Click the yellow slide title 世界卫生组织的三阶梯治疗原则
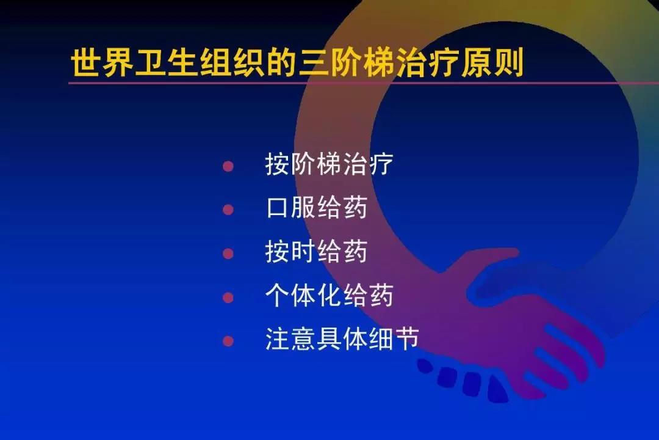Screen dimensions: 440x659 pyautogui.click(x=298, y=63)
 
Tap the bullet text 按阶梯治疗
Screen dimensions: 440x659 pyautogui.click(x=329, y=165)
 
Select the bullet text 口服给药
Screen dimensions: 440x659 pyautogui.click(x=317, y=208)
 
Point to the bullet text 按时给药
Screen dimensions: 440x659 pyautogui.click(x=317, y=252)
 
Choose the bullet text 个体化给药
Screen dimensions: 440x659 pyautogui.click(x=329, y=296)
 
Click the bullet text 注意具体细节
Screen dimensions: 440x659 pyautogui.click(x=342, y=339)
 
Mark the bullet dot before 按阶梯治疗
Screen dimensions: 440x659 pyautogui.click(x=228, y=166)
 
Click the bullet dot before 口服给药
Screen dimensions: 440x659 pyautogui.click(x=228, y=210)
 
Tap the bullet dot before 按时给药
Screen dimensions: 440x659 pyautogui.click(x=228, y=253)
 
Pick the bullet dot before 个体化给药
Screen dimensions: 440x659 pyautogui.click(x=228, y=298)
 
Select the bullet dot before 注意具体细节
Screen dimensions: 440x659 pyautogui.click(x=228, y=340)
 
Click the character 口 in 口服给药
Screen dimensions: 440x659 pyautogui.click(x=278, y=209)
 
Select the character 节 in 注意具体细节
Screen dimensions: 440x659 pyautogui.click(x=406, y=339)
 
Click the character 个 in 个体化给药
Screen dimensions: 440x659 pyautogui.click(x=278, y=296)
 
